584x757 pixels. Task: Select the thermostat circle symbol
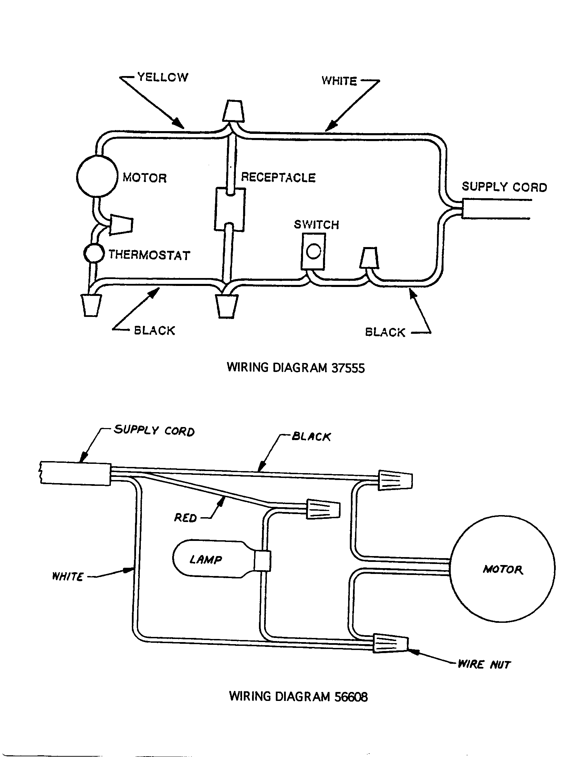pyautogui.click(x=94, y=253)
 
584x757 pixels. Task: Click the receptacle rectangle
pyautogui.click(x=230, y=209)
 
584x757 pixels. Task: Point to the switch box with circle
pyautogui.click(x=313, y=251)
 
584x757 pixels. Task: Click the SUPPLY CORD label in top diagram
pyautogui.click(x=504, y=187)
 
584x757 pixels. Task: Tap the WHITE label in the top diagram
pyautogui.click(x=339, y=81)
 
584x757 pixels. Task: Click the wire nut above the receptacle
pyautogui.click(x=233, y=111)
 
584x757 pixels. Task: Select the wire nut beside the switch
pyautogui.click(x=369, y=258)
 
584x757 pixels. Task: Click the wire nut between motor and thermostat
pyautogui.click(x=121, y=225)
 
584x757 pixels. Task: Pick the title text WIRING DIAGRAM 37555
pyautogui.click(x=295, y=368)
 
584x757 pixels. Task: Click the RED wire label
pyautogui.click(x=185, y=518)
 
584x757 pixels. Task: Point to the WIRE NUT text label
pyautogui.click(x=484, y=664)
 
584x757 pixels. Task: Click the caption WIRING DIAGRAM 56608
pyautogui.click(x=298, y=696)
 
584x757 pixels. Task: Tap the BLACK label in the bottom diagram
pyautogui.click(x=311, y=436)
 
